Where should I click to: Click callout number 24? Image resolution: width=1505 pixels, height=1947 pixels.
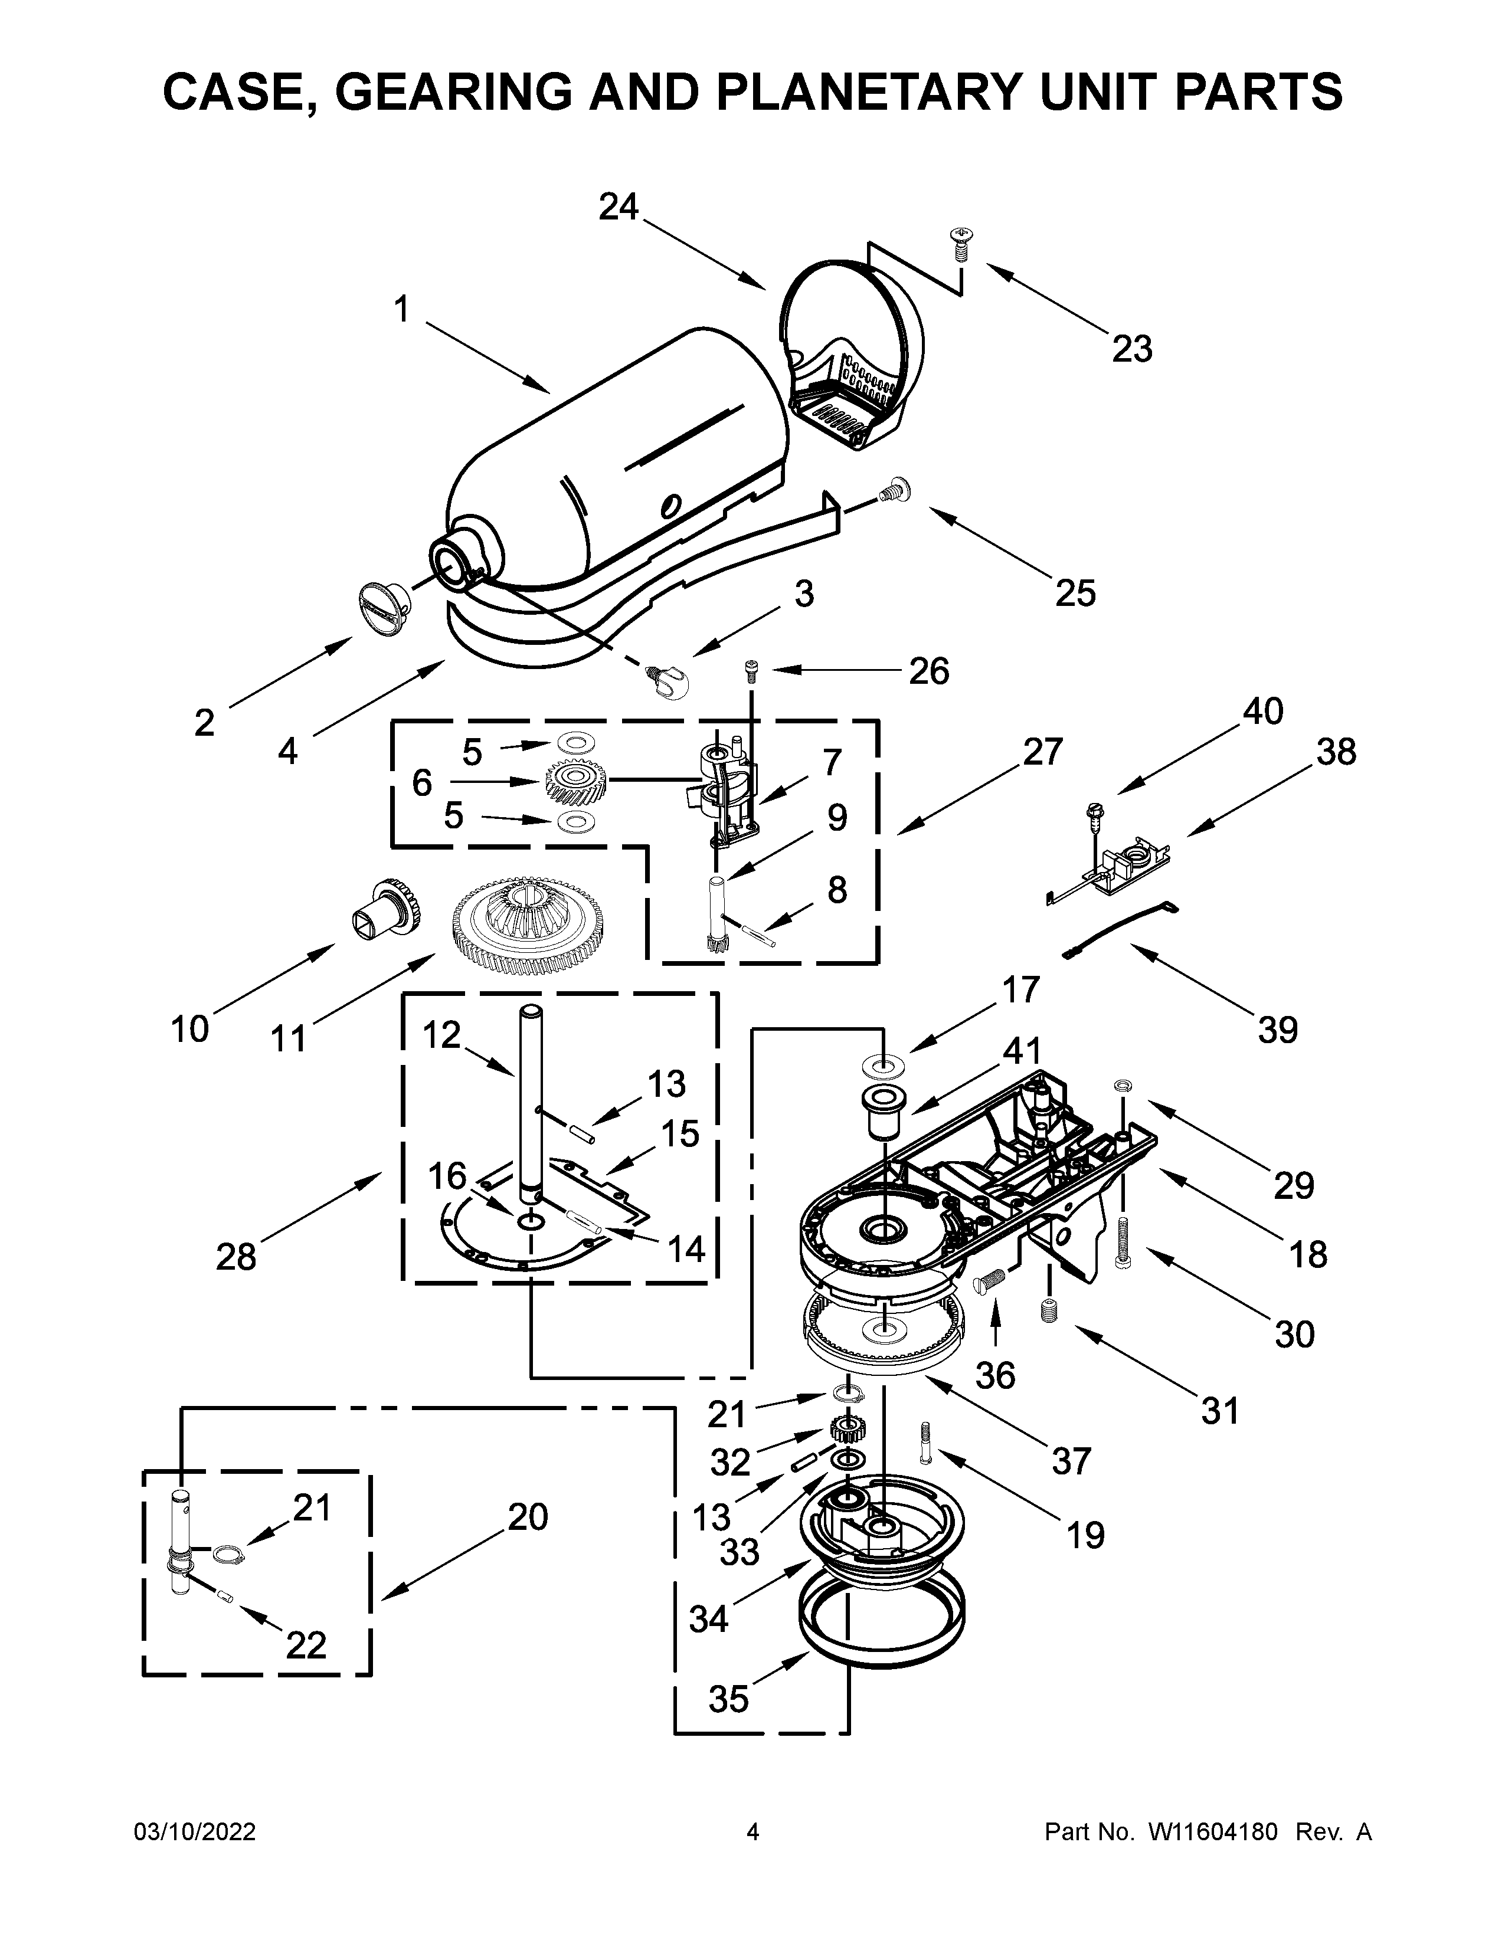(619, 207)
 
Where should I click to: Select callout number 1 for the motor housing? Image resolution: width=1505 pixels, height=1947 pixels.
(401, 309)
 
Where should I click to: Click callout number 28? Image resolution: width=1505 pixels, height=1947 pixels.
(235, 1257)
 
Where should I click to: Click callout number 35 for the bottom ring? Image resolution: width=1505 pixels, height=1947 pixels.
(728, 1699)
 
